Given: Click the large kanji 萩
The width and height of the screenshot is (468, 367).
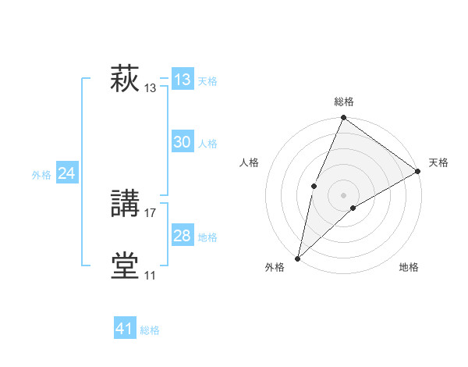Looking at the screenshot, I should pos(125,79).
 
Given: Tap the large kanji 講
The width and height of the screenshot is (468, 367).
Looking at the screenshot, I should pos(125,204).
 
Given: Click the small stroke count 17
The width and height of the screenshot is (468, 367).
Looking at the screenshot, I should pos(151,212).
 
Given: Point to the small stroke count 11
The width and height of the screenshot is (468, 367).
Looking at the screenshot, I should pos(150,275).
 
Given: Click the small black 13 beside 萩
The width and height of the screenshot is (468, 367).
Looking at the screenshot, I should pos(151,88).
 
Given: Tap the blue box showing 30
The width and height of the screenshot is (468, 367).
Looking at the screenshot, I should pos(183,142).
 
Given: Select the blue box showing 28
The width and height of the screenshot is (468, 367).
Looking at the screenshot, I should pos(183,236).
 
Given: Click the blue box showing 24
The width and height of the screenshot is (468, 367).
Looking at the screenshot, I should pos(67,173).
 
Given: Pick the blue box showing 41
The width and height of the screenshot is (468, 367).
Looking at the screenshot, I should pos(125,329).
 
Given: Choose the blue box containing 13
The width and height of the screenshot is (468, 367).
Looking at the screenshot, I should pos(183,80).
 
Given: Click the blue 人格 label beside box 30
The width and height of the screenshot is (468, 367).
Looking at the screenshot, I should pos(207,144).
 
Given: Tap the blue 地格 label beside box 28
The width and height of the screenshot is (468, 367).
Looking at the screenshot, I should pos(207,237).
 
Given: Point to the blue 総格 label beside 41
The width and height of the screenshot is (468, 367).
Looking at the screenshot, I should pos(150,330).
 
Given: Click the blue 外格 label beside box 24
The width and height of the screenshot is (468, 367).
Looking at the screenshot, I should pos(41,175).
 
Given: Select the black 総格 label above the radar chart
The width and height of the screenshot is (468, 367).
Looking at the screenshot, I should pos(343,102).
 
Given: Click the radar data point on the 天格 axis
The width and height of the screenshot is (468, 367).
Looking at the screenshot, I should pos(417,171).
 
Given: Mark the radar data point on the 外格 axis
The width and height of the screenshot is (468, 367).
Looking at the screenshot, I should pos(297,258).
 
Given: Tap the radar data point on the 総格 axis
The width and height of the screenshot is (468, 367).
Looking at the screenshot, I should pos(343,118).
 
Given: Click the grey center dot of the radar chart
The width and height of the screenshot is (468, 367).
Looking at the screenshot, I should pos(343,194).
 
